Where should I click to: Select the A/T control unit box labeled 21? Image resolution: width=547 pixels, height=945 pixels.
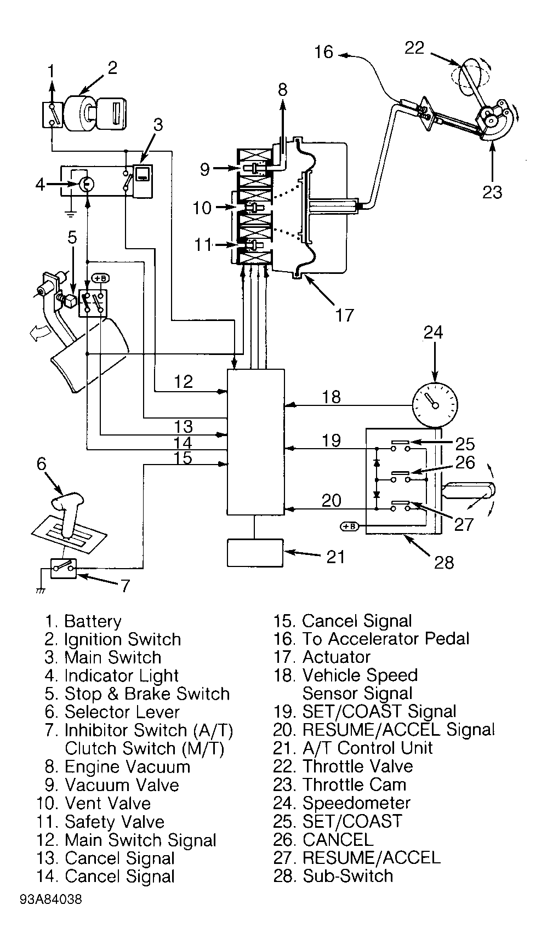[x=255, y=552]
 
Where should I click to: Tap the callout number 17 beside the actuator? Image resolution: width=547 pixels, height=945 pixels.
[x=344, y=315]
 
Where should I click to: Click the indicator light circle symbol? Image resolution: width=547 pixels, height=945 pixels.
[x=85, y=184]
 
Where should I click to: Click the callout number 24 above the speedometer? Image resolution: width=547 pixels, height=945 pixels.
[x=434, y=333]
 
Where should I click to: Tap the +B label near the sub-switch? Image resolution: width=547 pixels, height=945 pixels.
[x=349, y=526]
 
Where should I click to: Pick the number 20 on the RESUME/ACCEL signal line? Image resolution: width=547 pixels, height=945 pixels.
[x=331, y=500]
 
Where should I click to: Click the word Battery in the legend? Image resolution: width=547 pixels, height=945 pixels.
[x=93, y=621]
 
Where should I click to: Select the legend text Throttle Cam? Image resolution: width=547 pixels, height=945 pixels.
[x=355, y=784]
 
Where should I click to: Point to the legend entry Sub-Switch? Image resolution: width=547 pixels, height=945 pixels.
[x=348, y=875]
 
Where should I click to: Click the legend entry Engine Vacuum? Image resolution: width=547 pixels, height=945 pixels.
[x=127, y=767]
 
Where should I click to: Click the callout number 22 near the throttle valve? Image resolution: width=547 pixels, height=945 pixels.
[x=414, y=48]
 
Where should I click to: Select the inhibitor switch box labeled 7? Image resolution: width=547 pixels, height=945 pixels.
[x=64, y=568]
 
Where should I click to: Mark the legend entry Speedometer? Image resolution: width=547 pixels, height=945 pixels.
[x=356, y=803]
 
